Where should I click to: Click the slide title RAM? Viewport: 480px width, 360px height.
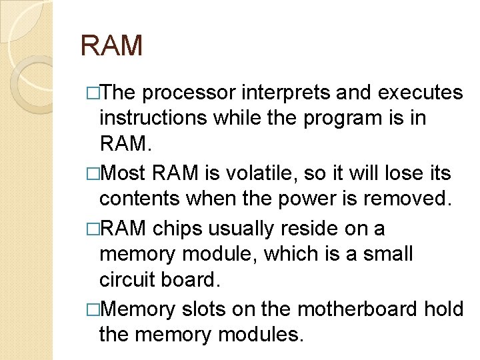point(111,46)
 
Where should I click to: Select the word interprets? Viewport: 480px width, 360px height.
point(283,93)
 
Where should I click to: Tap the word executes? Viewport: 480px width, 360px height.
point(420,93)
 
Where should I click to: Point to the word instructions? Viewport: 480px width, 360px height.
point(153,118)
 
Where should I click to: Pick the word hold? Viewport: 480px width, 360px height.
point(446,309)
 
